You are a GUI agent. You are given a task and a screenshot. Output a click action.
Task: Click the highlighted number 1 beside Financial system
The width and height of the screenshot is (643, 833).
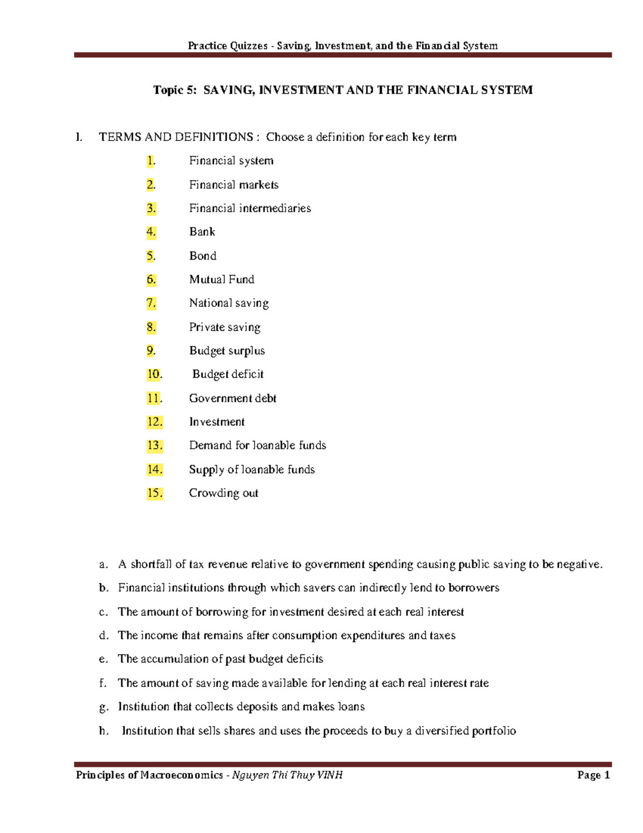coord(151,161)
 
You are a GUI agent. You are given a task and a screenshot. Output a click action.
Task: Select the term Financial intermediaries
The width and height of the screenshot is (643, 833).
coord(250,208)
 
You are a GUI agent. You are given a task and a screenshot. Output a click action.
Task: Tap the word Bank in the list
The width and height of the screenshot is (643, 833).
coord(202,232)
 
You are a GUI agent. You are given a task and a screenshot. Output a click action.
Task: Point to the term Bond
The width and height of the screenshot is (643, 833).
coord(203,256)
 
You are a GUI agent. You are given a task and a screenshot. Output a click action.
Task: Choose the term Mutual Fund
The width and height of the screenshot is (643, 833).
coord(221,279)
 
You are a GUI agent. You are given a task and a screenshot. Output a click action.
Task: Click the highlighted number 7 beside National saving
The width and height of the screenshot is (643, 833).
coord(151,303)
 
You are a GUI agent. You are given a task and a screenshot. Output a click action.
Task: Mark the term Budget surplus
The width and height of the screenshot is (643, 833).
coord(227,351)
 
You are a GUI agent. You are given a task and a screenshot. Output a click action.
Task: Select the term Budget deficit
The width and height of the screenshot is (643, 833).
coord(228,374)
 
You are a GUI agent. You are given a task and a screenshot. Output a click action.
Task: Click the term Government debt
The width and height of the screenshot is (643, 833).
coord(233,398)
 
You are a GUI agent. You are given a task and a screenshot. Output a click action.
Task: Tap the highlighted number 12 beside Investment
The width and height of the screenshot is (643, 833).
coord(154,422)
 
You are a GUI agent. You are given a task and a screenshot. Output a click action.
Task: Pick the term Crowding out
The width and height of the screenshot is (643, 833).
coord(223,493)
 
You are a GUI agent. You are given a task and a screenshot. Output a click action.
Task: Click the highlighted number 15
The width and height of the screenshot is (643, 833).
coord(154,493)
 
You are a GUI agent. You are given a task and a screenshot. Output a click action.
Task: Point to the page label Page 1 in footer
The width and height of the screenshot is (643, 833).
coord(594,775)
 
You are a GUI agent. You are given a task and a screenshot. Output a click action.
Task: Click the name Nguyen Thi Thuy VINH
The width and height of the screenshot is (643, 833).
coord(287,775)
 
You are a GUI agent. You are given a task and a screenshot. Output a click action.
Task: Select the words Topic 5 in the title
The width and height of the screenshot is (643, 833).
coord(175,90)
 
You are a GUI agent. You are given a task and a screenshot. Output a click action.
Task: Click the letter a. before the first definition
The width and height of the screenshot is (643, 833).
coord(103,564)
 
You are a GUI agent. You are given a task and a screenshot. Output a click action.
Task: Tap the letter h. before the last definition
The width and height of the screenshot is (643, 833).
coord(104,731)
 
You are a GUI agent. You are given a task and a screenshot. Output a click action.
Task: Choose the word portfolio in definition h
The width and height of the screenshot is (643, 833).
coord(494,731)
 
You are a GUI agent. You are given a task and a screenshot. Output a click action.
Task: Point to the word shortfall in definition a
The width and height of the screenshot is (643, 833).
coord(151,564)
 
